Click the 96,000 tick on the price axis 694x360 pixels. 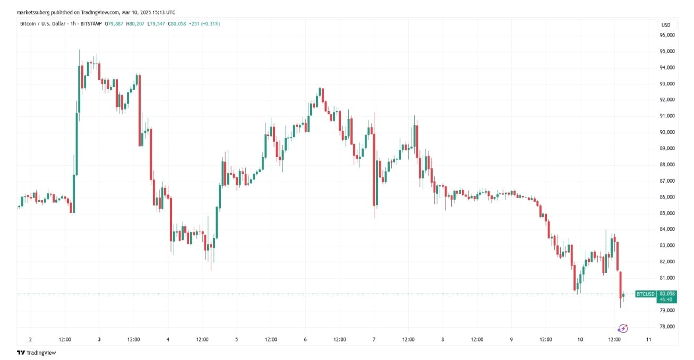pos(667,35)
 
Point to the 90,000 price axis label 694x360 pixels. pos(667,132)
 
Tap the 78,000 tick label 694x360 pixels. pos(667,327)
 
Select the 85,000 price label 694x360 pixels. pos(667,213)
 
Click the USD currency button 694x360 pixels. pos(666,25)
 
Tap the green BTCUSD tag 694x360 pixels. pos(645,294)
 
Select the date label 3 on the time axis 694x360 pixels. pos(99,339)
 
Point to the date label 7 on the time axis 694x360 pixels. pos(374,339)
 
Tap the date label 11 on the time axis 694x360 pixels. pos(648,339)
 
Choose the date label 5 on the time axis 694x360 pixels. pos(236,339)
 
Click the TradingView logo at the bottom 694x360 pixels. pos(36,353)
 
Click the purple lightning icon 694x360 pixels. pos(623,329)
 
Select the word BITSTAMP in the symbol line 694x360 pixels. pos(91,24)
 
